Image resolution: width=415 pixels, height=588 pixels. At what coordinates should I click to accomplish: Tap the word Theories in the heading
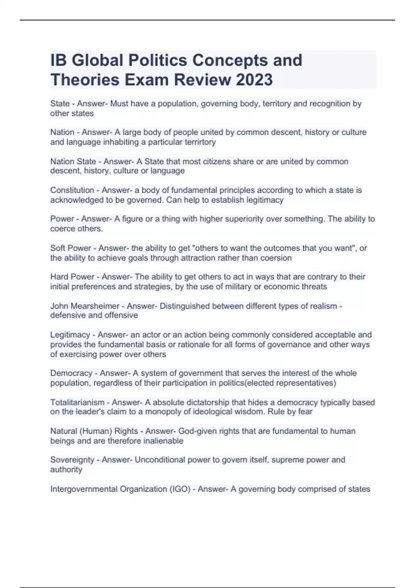click(85, 80)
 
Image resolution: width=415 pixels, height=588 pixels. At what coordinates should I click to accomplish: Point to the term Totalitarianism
click(77, 402)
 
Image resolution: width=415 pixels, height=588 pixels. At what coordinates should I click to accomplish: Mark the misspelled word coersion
click(276, 258)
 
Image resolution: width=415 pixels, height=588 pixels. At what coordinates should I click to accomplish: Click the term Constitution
click(72, 190)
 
